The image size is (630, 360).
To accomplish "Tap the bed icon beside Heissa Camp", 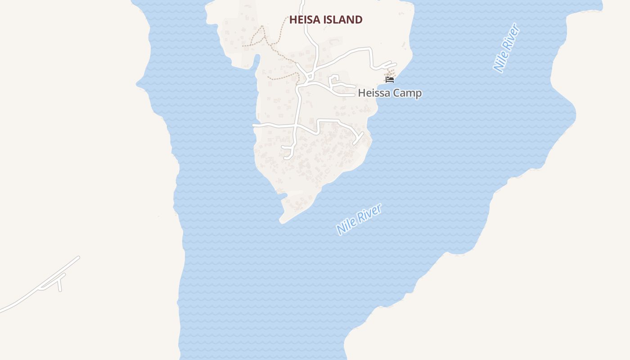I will (390, 80).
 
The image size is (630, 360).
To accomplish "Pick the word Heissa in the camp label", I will (373, 93).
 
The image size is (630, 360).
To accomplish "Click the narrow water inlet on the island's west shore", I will (256, 61).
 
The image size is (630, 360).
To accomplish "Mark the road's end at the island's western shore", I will (255, 125).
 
